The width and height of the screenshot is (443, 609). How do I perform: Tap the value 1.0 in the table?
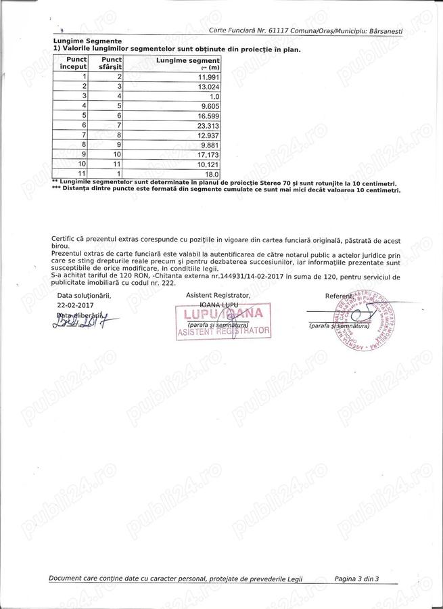[x=214, y=96]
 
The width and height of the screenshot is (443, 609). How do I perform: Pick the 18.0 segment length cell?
[x=212, y=173]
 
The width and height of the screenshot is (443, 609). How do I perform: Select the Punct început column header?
[x=73, y=64]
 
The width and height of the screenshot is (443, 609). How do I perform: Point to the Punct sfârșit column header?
[x=107, y=64]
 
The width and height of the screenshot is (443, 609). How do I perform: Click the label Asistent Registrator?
[x=218, y=296]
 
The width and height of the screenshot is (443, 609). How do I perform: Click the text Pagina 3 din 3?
[x=356, y=579]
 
